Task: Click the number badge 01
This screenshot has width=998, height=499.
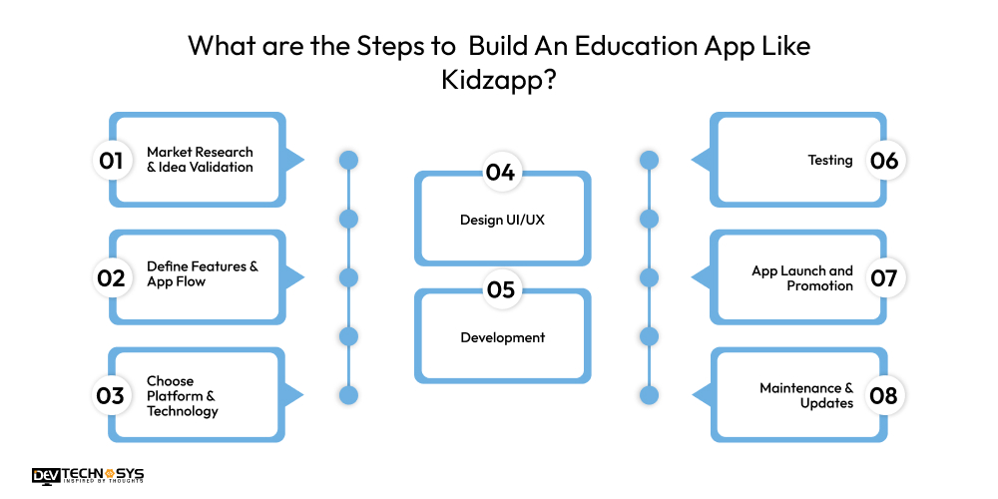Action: point(111,160)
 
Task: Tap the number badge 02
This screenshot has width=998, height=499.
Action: point(111,277)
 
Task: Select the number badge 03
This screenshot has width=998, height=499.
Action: point(111,395)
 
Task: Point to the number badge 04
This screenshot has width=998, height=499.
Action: point(501,173)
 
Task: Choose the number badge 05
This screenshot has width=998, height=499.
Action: point(501,290)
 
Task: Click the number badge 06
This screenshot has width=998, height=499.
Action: point(884,160)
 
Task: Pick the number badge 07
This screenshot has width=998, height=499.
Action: point(884,277)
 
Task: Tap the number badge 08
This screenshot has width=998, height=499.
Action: point(884,395)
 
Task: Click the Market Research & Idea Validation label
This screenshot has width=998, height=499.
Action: point(200,160)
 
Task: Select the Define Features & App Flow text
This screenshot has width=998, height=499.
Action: point(202,273)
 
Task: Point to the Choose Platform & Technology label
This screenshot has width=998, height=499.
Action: point(182,395)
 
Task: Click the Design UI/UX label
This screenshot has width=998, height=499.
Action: point(502,220)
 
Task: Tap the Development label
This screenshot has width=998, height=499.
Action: point(502,337)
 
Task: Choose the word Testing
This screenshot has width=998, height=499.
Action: point(829,160)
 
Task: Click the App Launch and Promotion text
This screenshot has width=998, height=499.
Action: point(802,277)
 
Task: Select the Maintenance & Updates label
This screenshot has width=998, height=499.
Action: point(806,395)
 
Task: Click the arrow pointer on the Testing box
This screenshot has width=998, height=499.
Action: point(701,160)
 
